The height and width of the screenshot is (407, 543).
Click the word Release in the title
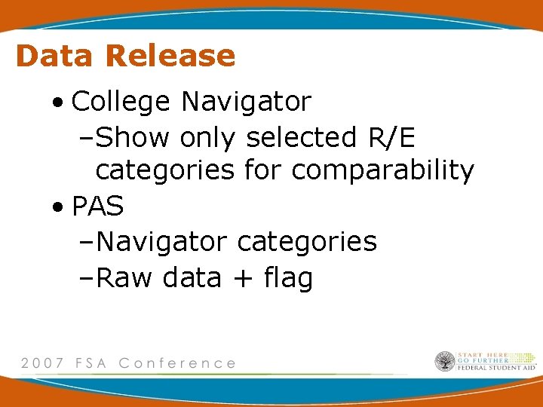click(170, 56)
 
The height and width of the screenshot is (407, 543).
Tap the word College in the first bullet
click(121, 101)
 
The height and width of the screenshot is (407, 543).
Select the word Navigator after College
click(246, 101)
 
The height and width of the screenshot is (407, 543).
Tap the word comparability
click(382, 171)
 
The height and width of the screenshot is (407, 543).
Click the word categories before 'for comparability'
click(165, 171)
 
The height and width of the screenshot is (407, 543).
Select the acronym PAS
click(97, 206)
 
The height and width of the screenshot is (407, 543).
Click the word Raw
click(125, 278)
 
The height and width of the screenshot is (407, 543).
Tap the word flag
click(288, 278)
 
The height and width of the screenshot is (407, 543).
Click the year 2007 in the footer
click(42, 363)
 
